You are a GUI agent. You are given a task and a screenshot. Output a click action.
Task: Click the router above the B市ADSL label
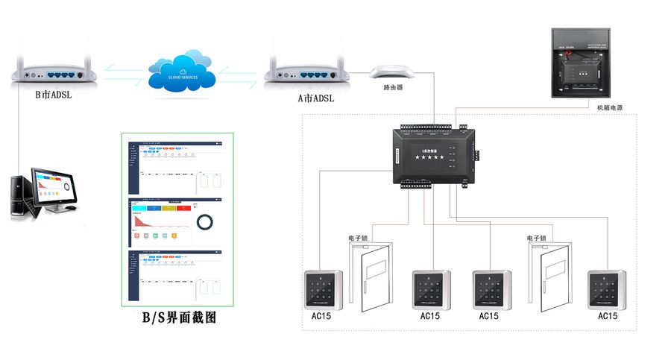(51, 74)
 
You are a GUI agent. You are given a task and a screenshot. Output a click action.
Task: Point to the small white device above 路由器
(392, 72)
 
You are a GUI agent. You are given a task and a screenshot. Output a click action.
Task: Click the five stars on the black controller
(429, 157)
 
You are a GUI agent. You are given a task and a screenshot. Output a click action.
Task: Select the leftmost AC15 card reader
(324, 291)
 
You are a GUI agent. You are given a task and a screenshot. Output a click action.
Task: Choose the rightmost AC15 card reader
(607, 291)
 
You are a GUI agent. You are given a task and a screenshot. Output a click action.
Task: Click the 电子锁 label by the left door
(358, 239)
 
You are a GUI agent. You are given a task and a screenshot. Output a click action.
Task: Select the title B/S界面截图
(179, 318)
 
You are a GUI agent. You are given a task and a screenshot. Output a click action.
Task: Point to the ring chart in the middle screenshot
(205, 223)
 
